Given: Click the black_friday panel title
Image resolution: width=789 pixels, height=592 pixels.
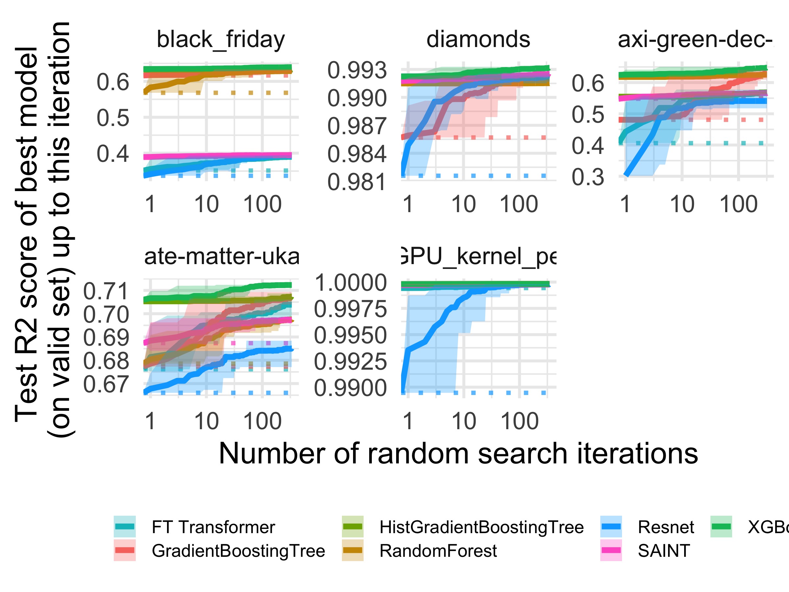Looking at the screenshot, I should point(221,39).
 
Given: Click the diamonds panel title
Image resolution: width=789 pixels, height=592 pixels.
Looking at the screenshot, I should point(478,39).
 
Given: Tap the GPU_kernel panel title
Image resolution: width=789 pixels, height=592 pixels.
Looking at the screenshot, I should point(478,256).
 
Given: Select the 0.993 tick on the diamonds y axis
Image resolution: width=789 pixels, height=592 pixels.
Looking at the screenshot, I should point(357,70).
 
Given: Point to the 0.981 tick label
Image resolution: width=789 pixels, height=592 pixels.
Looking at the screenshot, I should point(357,182).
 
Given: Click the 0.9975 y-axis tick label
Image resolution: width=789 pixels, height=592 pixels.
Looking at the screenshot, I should point(350,309).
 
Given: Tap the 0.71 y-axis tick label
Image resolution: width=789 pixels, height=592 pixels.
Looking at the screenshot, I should point(106,291).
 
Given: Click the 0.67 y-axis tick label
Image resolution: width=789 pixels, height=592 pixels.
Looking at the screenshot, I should point(106,385).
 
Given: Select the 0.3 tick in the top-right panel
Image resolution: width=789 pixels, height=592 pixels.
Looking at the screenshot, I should point(588,177).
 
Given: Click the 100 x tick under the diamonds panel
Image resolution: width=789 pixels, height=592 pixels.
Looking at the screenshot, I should point(519,205).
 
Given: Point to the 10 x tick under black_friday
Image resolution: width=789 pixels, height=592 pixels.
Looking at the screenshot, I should point(206,205).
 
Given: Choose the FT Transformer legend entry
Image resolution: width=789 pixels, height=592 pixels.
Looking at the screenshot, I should point(213,527).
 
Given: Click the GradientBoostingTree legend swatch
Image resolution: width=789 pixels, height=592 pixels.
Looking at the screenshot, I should point(125,551).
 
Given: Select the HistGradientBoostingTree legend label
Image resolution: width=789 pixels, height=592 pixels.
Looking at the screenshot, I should point(482,527).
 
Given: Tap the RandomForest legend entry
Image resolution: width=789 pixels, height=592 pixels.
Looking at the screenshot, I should point(438,551).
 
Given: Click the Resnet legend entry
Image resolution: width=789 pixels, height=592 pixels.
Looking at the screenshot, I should point(666,527).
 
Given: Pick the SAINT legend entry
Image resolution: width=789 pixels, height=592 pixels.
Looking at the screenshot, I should point(663,551).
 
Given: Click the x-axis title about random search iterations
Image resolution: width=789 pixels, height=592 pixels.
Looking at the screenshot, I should point(458,454).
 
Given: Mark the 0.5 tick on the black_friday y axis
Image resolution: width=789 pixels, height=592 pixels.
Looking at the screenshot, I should point(113,118).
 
